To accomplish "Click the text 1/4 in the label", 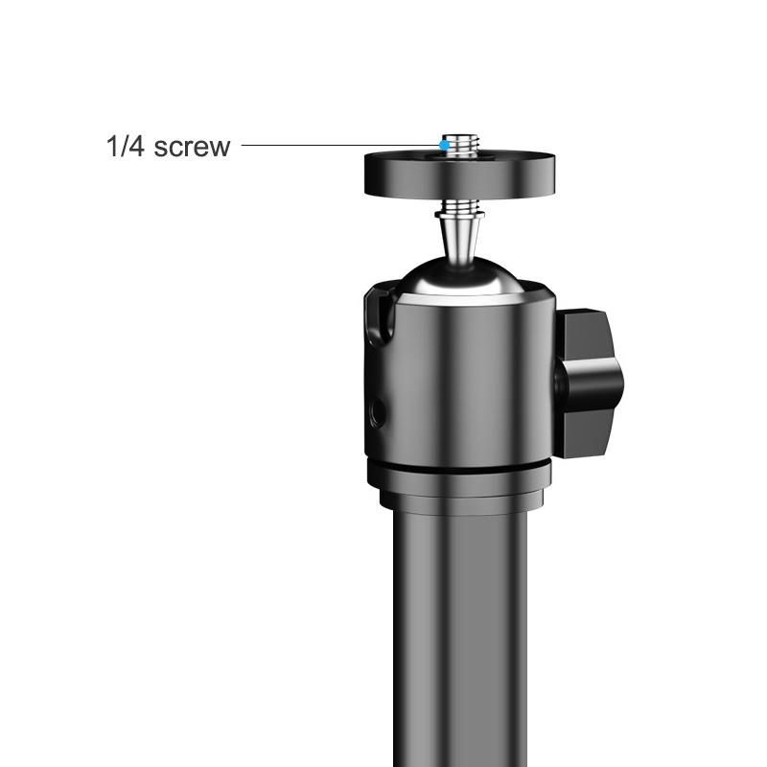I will pyautogui.click(x=125, y=147).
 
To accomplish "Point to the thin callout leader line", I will pyautogui.click(x=336, y=146).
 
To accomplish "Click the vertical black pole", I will pyautogui.click(x=460, y=633).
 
